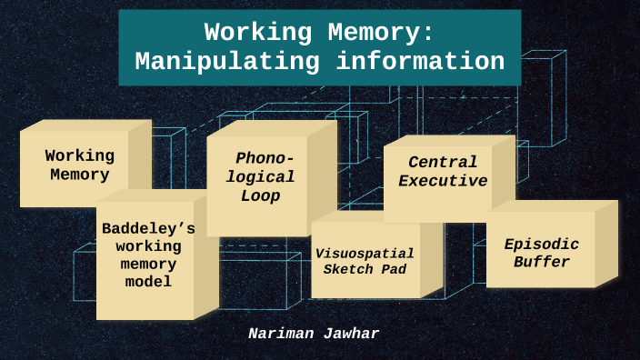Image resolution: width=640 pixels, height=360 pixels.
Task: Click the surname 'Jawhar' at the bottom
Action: pyautogui.click(x=351, y=334)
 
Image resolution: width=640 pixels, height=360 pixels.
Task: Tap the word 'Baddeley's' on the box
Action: pyautogui.click(x=148, y=228)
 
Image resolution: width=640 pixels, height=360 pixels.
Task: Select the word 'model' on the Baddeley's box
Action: pyautogui.click(x=148, y=282)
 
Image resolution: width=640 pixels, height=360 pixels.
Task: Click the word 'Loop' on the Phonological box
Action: pyautogui.click(x=261, y=195)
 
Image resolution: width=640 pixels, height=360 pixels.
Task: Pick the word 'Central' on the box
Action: pyautogui.click(x=443, y=162)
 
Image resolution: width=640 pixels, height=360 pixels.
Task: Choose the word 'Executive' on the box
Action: pyautogui.click(x=443, y=180)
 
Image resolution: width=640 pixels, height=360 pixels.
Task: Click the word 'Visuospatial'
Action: pyautogui.click(x=365, y=253)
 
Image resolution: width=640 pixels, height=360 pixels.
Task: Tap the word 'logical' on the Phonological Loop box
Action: pyautogui.click(x=261, y=176)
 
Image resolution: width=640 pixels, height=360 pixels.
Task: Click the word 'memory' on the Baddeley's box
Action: pyautogui.click(x=148, y=264)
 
